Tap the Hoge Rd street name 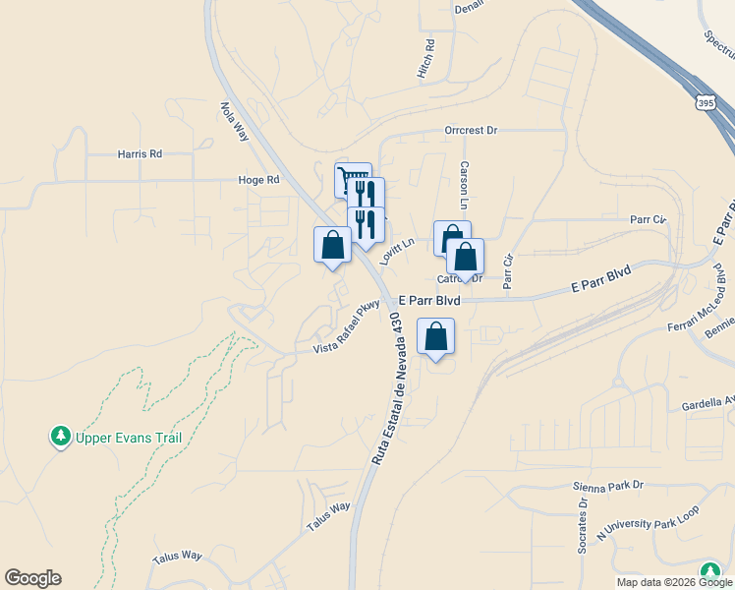point(258,180)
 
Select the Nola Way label point(234,122)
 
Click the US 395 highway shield point(704,102)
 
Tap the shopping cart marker point(353,179)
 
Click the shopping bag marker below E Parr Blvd point(435,336)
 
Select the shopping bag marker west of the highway point(332,245)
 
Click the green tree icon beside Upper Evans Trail point(61,436)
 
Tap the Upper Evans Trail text point(115,438)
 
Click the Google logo point(32,578)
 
